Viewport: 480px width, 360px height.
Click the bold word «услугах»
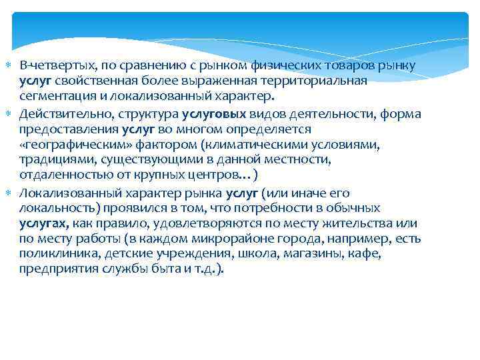pyautogui.click(x=41, y=223)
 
